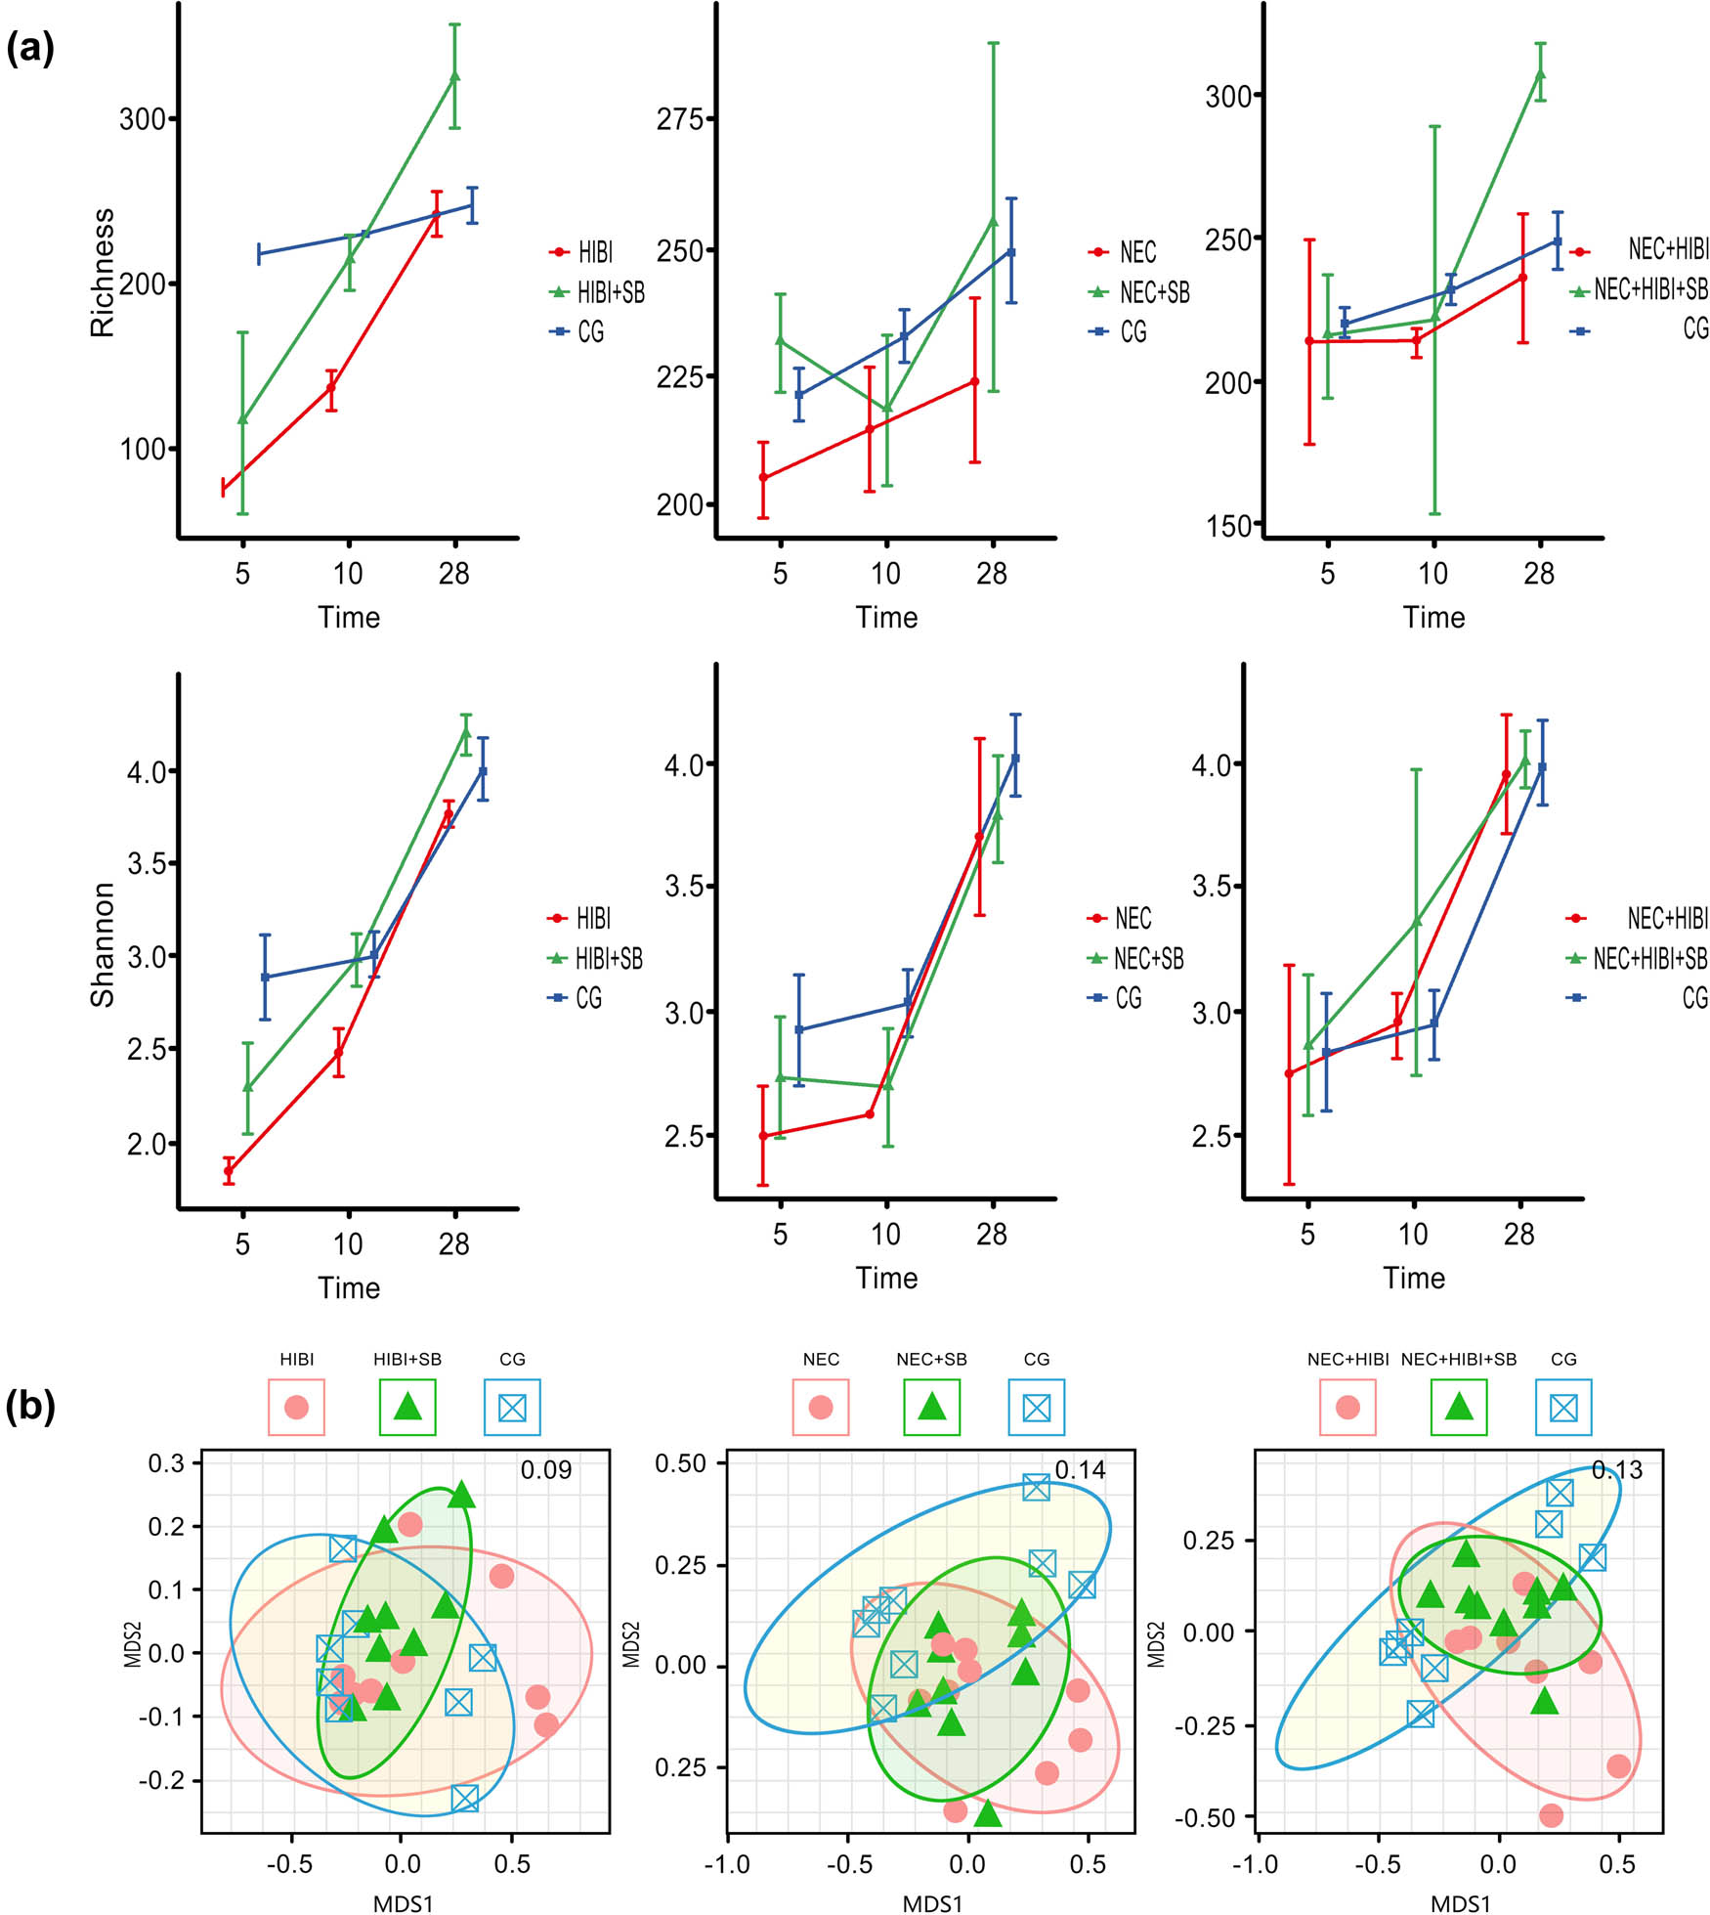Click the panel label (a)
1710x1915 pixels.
pos(30,48)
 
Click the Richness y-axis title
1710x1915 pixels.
pos(102,273)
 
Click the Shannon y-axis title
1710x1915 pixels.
pos(102,944)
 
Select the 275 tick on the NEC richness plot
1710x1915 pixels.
pos(680,119)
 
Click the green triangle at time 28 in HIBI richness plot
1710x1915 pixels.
pos(454,76)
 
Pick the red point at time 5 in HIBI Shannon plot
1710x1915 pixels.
pos(229,1170)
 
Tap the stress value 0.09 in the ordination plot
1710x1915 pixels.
pos(545,1470)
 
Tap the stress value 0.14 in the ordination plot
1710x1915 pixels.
pos(1080,1470)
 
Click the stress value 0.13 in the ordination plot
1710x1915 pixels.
pos(1616,1470)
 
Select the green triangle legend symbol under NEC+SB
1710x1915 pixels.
pos(932,1408)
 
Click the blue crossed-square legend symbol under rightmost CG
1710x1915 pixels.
pos(1563,1408)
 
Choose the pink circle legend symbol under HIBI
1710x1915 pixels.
pos(296,1408)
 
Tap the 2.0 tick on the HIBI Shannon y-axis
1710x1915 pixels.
pos(147,1144)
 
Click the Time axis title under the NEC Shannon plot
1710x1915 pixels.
pos(886,1278)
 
